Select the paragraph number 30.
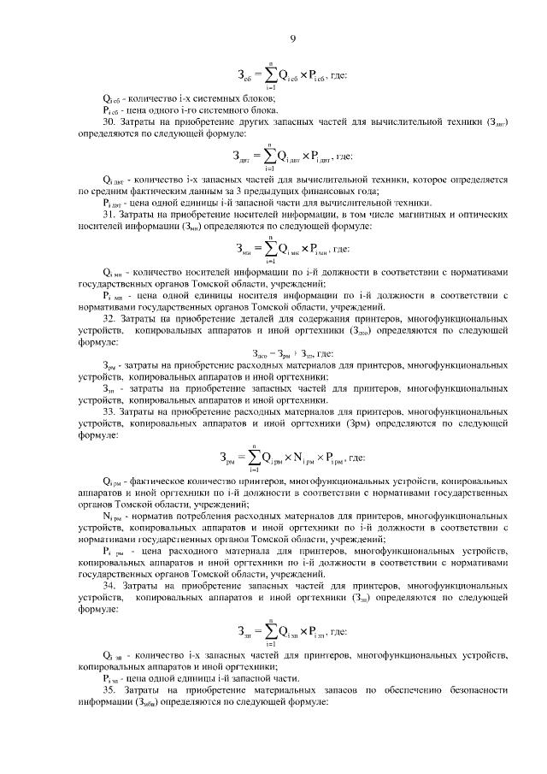tap(109, 122)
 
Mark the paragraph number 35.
tap(109, 689)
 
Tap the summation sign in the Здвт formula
tap(269, 157)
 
